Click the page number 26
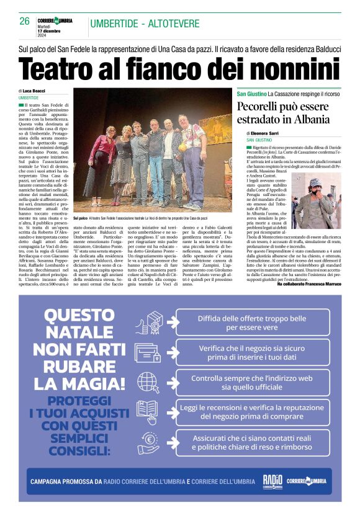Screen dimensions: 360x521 [x=25, y=21]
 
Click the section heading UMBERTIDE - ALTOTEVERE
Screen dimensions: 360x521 [x=145, y=24]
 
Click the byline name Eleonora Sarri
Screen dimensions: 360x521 [x=272, y=133]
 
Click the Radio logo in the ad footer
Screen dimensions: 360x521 [x=272, y=481]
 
